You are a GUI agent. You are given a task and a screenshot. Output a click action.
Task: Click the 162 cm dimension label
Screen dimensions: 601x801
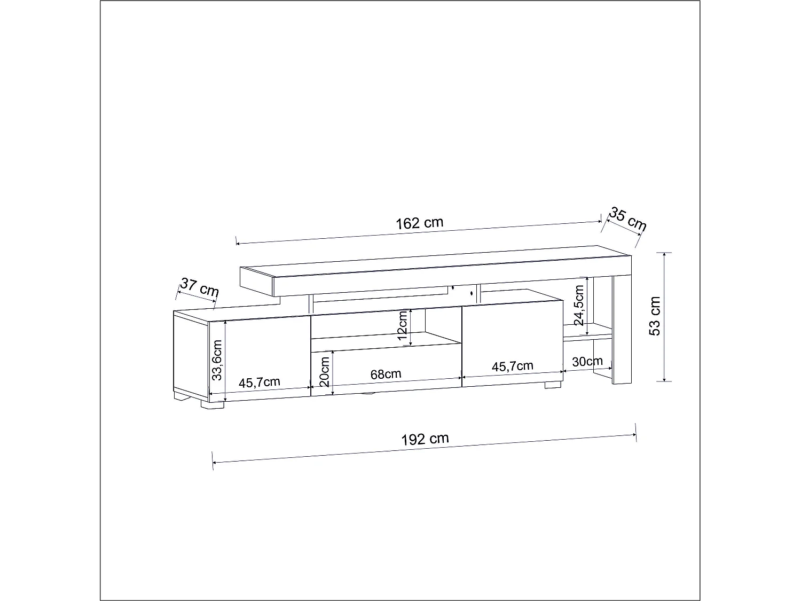pos(419,223)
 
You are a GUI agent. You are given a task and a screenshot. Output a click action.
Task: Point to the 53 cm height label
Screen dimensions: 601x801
pos(655,316)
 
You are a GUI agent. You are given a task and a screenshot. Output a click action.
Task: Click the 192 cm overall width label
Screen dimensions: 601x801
pos(425,439)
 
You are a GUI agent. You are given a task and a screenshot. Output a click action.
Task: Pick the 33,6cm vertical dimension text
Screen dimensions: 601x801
pos(216,360)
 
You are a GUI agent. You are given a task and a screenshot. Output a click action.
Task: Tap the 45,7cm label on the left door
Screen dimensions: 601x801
pos(260,383)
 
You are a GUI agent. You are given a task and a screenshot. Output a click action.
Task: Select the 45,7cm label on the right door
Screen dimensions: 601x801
pos(512,366)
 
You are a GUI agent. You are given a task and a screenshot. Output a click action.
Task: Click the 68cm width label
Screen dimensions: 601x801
pos(386,374)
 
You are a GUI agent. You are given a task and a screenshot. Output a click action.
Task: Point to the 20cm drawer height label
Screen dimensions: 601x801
pos(325,372)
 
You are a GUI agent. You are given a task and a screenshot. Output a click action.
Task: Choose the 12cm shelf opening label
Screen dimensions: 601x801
pos(403,325)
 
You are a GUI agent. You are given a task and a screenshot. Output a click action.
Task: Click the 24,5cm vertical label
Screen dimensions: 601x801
pos(579,306)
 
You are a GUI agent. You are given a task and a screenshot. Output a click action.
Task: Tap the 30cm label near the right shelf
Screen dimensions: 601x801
pos(587,362)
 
